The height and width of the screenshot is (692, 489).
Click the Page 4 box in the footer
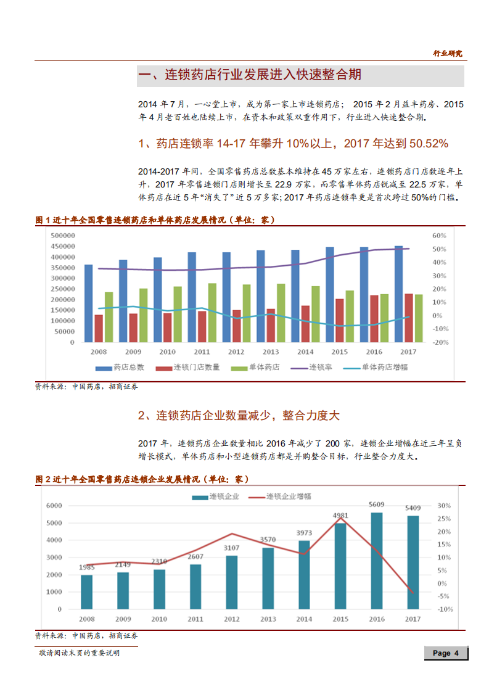pyautogui.click(x=446, y=653)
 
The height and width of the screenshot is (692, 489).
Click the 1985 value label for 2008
pyautogui.click(x=87, y=567)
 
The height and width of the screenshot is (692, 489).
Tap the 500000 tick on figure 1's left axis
pyautogui.click(x=63, y=236)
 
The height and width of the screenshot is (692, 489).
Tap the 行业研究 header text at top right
pyautogui.click(x=447, y=54)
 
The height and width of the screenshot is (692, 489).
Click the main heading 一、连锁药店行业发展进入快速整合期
pyautogui.click(x=250, y=75)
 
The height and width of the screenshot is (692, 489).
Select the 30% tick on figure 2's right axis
pyautogui.click(x=445, y=505)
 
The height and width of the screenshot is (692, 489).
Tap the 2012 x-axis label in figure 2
pyautogui.click(x=231, y=619)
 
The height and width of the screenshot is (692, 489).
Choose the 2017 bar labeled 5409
pyautogui.click(x=413, y=562)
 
